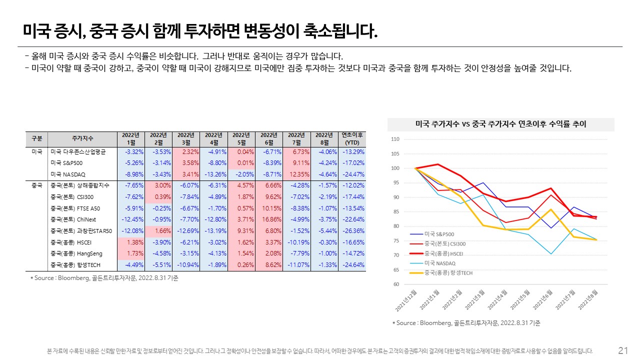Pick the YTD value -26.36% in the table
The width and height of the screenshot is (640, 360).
[x=353, y=231]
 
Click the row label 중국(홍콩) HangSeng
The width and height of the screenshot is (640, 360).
[x=73, y=253]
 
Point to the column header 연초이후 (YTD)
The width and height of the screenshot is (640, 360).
[x=352, y=138]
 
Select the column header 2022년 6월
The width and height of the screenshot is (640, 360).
[x=269, y=138]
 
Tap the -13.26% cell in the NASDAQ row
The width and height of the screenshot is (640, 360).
[x=214, y=174]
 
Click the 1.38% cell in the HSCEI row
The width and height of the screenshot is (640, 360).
[x=131, y=242]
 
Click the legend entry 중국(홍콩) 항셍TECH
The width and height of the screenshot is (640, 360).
[x=448, y=273]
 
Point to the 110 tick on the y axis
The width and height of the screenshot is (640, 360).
[x=395, y=139]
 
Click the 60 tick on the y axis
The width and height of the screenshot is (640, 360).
[x=395, y=284]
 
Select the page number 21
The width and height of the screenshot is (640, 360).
[x=623, y=350]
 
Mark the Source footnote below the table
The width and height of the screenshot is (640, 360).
[x=104, y=278]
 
